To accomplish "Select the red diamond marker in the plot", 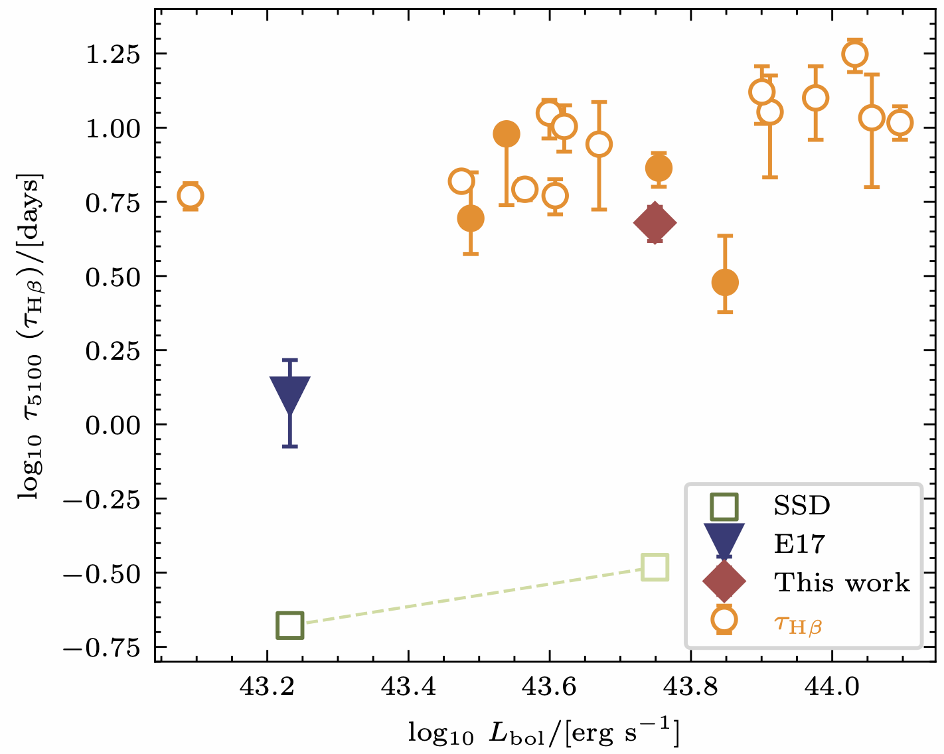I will click(655, 224).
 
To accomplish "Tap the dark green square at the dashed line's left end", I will click(290, 625).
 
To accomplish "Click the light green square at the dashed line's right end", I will click(655, 567).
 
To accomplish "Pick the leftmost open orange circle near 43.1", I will click(190, 196).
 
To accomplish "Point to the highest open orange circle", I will click(855, 54).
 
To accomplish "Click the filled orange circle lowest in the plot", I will click(725, 283).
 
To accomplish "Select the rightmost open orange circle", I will click(900, 123).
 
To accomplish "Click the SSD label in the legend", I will click(802, 506).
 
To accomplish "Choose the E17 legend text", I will click(800, 544).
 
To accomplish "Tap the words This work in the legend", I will click(842, 583).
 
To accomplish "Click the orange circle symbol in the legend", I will click(724, 620).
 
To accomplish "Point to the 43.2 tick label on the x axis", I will click(268, 686).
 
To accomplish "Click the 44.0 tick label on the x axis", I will click(831, 686).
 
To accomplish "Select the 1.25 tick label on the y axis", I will click(114, 54).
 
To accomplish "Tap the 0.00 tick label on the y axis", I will click(114, 425).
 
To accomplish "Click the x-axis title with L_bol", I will click(544, 732).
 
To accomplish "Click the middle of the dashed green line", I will click(473, 596).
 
